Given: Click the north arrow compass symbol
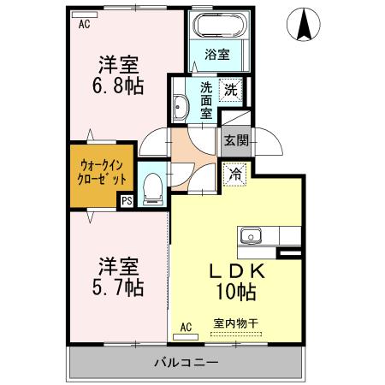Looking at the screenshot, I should tap(305, 25).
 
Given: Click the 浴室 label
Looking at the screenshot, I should tap(216, 55).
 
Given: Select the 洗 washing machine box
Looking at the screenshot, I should tap(230, 87).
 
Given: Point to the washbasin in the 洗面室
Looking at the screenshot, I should tap(181, 106).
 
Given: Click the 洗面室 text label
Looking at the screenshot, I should tap(206, 98).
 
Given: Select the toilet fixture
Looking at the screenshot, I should tap(152, 186).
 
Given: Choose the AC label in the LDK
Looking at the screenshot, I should tap(187, 325).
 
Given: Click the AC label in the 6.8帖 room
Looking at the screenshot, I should tap(84, 24).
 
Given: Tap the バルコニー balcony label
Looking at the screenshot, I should tap(187, 362).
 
